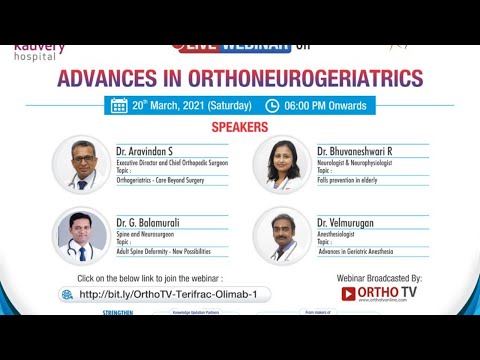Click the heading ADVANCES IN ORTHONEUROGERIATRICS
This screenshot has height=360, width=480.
coord(240,79)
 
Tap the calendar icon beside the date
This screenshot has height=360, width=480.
coord(119,105)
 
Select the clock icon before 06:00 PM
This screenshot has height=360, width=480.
coord(272,105)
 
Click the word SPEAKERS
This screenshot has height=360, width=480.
coord(239,129)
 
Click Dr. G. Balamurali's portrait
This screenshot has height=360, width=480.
coord(81,235)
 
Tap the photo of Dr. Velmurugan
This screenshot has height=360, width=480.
coord(281,235)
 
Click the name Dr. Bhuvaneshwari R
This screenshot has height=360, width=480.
coord(354,149)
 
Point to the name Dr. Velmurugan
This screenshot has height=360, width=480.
coord(344,220)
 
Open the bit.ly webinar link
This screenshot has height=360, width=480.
coord(174,294)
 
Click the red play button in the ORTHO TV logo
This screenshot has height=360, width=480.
coord(349,294)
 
